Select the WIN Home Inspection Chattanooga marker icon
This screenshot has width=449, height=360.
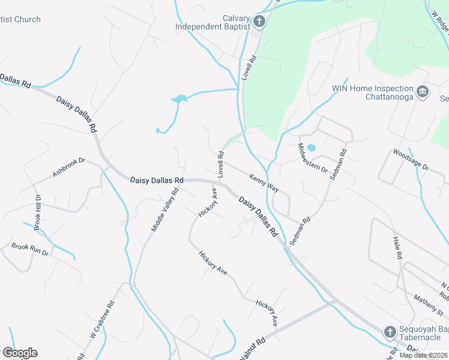(x=423, y=92)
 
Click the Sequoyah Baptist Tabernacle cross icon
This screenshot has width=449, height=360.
(x=390, y=332)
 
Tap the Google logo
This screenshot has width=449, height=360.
(x=20, y=352)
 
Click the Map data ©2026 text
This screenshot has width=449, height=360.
(x=423, y=355)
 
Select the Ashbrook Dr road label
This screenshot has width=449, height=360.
(x=70, y=167)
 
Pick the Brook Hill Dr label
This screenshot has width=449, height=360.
(x=37, y=213)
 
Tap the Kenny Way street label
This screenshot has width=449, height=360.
(x=264, y=182)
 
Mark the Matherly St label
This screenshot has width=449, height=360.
(x=429, y=304)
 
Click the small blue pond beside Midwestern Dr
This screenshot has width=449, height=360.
(x=311, y=148)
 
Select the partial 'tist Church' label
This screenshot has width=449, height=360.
(x=20, y=20)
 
